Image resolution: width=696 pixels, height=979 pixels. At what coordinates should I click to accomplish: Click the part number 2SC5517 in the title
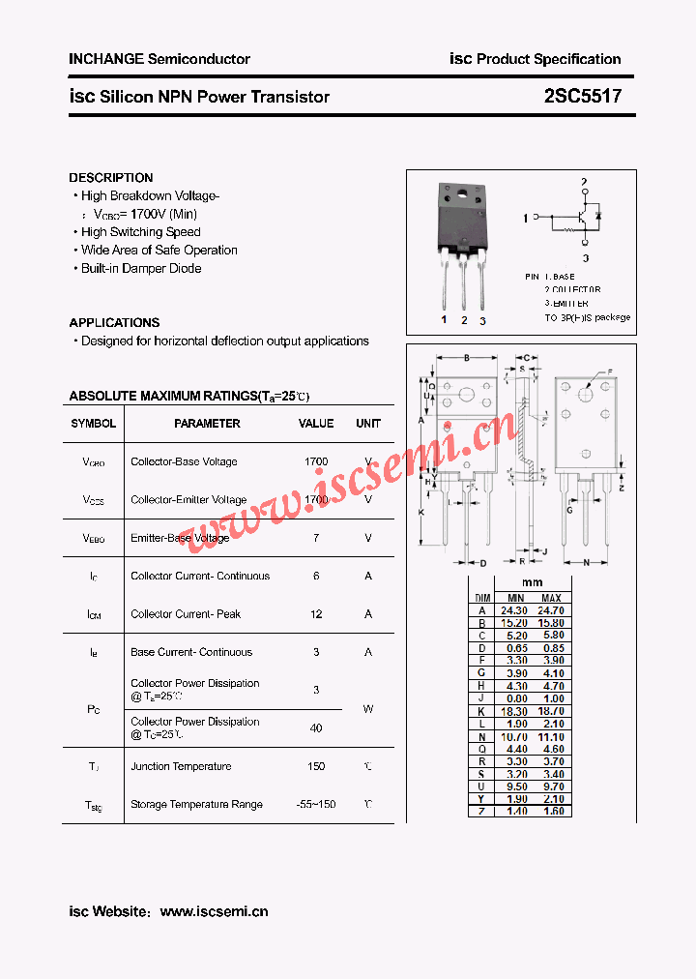(582, 97)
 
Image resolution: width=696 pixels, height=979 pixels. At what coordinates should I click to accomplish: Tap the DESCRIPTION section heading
(111, 178)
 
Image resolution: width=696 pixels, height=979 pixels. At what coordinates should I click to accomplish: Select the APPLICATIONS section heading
(114, 323)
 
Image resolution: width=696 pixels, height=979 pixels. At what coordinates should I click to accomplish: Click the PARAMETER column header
(207, 424)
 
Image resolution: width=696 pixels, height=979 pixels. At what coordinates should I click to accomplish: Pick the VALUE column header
(316, 424)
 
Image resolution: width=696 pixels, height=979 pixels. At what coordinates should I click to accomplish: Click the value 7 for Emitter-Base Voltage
(316, 538)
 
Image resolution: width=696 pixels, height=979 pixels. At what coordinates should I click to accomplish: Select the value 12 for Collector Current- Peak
(316, 614)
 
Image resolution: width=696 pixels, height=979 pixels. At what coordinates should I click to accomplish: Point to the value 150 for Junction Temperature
(316, 766)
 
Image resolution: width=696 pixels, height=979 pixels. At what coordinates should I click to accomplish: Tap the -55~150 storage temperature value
(316, 805)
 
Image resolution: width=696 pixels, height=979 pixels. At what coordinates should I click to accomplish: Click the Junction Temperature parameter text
(181, 766)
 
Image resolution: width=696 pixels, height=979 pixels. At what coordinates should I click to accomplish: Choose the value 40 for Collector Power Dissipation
(316, 727)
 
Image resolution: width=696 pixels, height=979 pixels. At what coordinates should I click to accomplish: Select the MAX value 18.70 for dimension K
(551, 711)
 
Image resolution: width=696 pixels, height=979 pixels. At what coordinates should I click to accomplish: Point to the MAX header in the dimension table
(551, 599)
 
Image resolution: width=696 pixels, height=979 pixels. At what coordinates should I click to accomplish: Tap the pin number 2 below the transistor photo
(464, 320)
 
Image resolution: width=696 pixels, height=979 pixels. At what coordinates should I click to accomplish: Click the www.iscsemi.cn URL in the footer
(214, 911)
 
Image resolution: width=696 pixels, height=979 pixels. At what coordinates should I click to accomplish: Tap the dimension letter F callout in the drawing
(610, 371)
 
